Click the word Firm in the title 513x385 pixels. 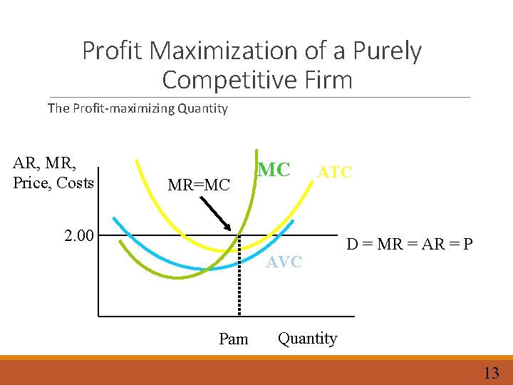coord(328,80)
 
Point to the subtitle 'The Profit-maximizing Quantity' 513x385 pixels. coord(138,108)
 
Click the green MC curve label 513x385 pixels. coord(274,170)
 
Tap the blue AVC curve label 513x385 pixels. coord(284,262)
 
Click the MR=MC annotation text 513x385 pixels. coord(199,185)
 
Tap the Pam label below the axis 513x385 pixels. coord(234,339)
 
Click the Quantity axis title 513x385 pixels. coord(307,338)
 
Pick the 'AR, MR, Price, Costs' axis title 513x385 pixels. coord(53,173)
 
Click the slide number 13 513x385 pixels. coord(491,373)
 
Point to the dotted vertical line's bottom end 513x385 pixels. coord(239,314)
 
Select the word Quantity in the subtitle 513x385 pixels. coord(202,108)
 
